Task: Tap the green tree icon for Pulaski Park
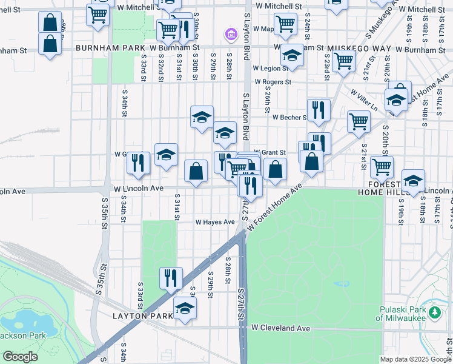434,312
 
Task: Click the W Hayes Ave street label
214,223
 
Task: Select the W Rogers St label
273,82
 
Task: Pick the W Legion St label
270,69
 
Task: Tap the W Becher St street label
289,117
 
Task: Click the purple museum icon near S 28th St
230,35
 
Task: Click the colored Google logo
20,357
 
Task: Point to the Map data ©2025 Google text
415,359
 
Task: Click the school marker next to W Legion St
293,57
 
